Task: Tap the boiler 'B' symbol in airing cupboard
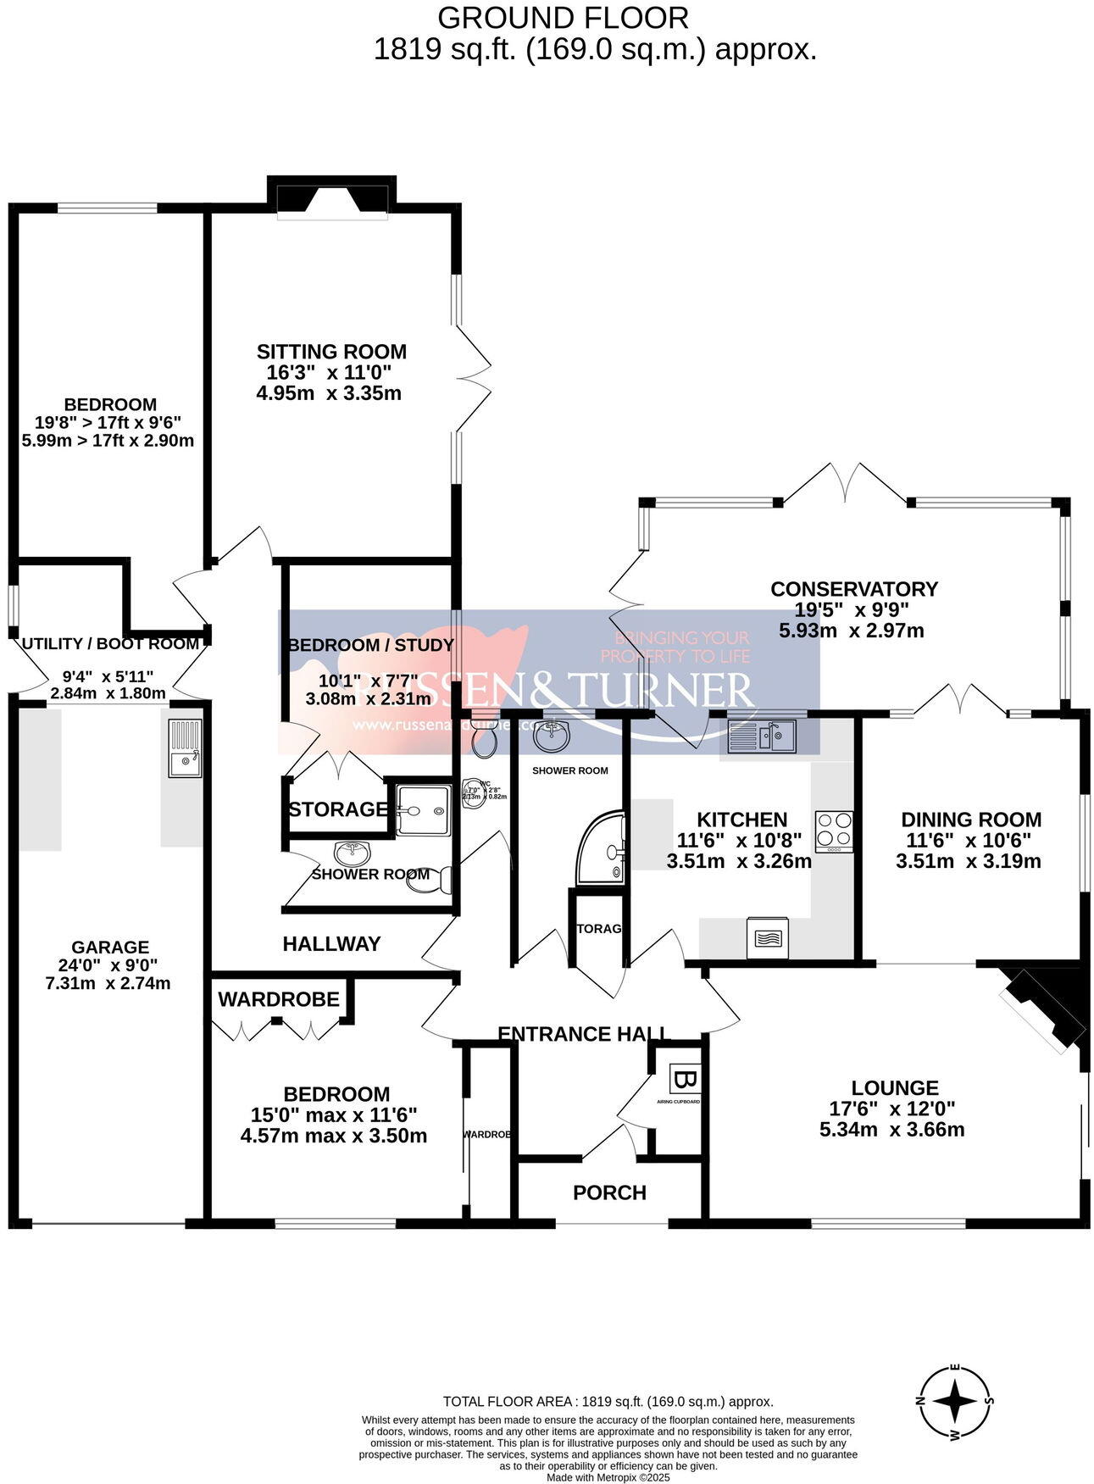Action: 685,1081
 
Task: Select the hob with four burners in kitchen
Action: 834,831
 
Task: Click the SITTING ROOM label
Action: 331,352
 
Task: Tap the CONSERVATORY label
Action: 853,589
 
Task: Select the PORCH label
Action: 609,1193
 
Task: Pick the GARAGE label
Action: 110,948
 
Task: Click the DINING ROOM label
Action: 970,820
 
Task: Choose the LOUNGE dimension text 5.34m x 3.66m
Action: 891,1130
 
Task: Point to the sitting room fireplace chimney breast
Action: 331,194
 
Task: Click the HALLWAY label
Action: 331,944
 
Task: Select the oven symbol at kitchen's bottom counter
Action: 768,937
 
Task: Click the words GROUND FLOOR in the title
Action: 563,18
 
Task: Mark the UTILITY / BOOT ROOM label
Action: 110,644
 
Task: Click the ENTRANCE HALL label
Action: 584,1034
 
